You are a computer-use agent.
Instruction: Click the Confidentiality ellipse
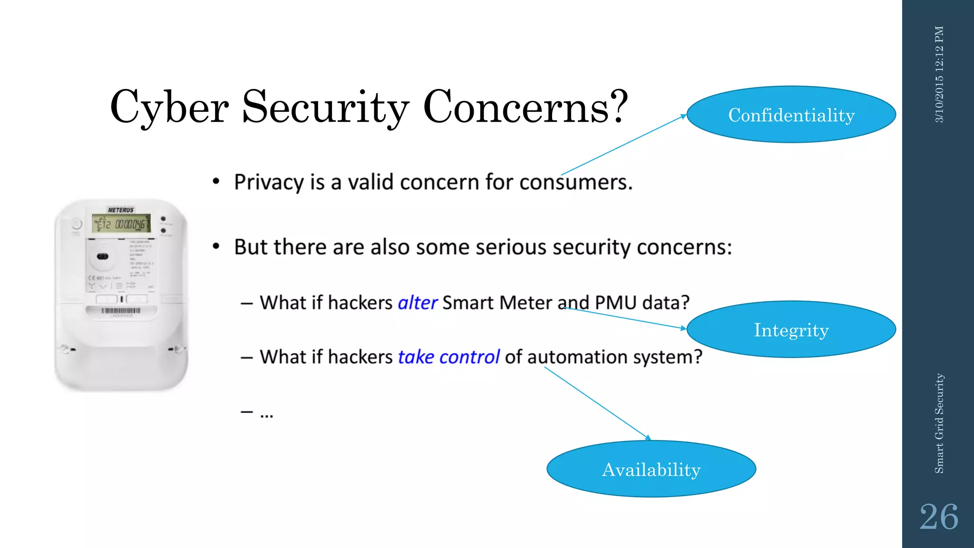point(791,115)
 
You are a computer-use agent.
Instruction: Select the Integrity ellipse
point(791,329)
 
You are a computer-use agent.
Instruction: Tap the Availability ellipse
point(651,469)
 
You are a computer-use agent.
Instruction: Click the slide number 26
point(938,517)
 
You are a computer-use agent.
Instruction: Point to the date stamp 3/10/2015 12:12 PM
point(939,74)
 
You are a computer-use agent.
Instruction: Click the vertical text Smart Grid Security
point(939,423)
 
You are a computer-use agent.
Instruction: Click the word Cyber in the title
point(169,108)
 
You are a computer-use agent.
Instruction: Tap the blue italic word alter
point(417,303)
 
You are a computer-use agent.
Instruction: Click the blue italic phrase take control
point(448,357)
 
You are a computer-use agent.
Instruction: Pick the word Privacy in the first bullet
point(269,182)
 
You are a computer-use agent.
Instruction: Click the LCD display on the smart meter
point(121,223)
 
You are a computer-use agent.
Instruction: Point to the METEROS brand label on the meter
point(121,210)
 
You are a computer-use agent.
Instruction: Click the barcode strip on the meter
point(121,311)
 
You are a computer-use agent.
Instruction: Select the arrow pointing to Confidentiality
point(623,145)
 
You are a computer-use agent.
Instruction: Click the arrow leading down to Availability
point(597,403)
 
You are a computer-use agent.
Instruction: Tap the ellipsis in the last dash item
point(266,415)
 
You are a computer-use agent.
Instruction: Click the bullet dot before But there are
point(216,246)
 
